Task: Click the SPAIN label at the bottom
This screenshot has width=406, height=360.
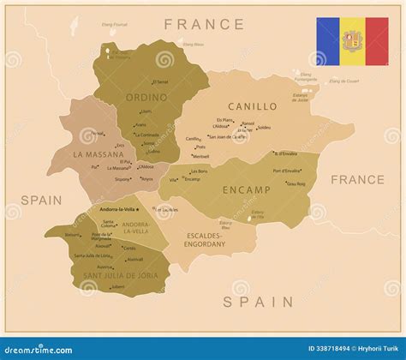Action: click(x=260, y=301)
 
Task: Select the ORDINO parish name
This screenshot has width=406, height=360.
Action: click(x=146, y=97)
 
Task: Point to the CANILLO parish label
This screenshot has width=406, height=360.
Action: click(x=252, y=106)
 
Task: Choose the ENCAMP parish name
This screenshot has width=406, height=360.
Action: click(x=247, y=189)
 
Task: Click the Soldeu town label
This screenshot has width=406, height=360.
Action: click(x=264, y=128)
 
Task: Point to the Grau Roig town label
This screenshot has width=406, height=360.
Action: click(x=296, y=183)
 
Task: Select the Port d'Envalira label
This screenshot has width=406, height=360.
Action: click(x=286, y=171)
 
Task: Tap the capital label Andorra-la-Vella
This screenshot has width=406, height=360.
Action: click(x=119, y=209)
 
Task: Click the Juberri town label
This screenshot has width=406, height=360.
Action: click(x=118, y=286)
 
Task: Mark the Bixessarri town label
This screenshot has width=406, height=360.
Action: click(x=73, y=234)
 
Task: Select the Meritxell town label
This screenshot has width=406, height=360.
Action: click(x=201, y=157)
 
